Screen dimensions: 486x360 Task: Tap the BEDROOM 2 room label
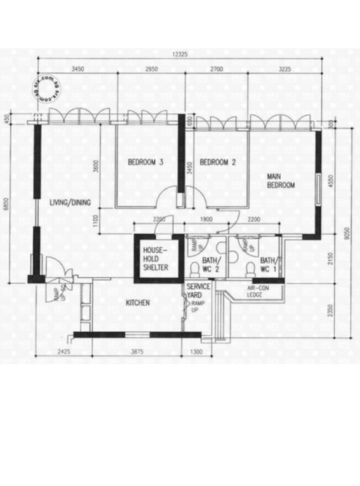coord(218,162)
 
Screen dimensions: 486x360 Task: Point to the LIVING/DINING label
coord(70,203)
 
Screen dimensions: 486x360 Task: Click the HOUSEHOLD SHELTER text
coord(156,259)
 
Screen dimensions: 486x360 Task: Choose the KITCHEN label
coord(137,303)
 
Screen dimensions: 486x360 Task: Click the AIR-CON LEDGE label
coord(258,291)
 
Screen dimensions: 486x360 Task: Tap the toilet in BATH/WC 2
coord(194,269)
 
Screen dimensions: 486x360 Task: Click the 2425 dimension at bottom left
coord(64,352)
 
